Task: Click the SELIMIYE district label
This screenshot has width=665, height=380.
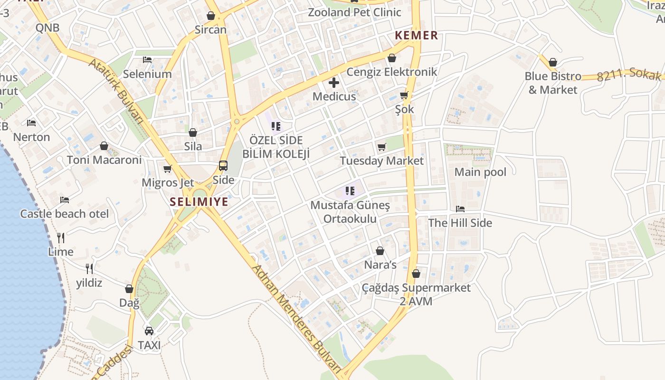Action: pos(199,202)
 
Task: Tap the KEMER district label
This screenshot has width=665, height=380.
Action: pos(416,35)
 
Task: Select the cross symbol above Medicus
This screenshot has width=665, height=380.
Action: pos(334,83)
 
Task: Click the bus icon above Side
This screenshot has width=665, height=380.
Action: pos(223,166)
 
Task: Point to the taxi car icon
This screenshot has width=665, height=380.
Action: pos(149,331)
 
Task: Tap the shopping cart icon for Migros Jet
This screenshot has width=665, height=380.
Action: pos(167,169)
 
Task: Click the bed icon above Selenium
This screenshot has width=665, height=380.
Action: pos(147,60)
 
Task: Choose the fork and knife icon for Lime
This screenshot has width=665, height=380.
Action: pos(61,237)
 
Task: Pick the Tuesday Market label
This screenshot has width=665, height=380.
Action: pos(381,161)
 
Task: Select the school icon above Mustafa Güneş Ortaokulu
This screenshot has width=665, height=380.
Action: pos(350,191)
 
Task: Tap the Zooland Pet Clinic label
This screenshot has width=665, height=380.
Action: pos(354,12)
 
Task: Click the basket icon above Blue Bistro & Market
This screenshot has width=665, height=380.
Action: pos(552,62)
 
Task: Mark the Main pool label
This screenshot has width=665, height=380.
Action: pos(480,172)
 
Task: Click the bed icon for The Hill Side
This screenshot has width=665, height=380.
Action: pos(460,209)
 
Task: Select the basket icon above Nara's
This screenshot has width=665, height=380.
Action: pos(380,250)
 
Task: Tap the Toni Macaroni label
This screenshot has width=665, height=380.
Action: pos(104,160)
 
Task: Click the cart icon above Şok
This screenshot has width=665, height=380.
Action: pos(404,95)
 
